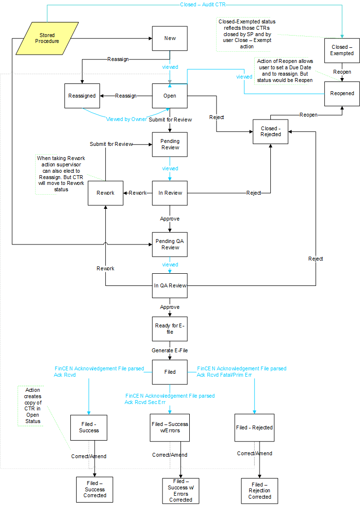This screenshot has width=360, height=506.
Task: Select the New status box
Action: click(170, 38)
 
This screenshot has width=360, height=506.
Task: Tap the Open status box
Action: click(170, 96)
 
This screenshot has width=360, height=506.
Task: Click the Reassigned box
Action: click(82, 96)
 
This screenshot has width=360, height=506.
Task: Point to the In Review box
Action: click(170, 193)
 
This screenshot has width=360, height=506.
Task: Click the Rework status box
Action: click(105, 193)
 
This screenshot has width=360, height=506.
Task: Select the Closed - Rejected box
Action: click(270, 132)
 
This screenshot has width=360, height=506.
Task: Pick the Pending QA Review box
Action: click(170, 244)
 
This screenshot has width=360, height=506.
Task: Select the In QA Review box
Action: click(170, 285)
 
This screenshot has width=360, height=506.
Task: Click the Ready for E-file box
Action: click(170, 329)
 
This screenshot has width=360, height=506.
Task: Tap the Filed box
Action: click(170, 372)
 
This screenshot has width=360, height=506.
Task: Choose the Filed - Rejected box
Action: click(254, 427)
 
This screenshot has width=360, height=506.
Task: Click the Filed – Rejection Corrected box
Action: click(260, 491)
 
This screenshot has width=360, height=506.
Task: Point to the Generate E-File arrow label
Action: click(170, 350)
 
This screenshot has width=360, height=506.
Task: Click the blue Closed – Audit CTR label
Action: click(202, 4)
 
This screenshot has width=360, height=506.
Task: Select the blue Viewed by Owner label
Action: click(126, 119)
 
